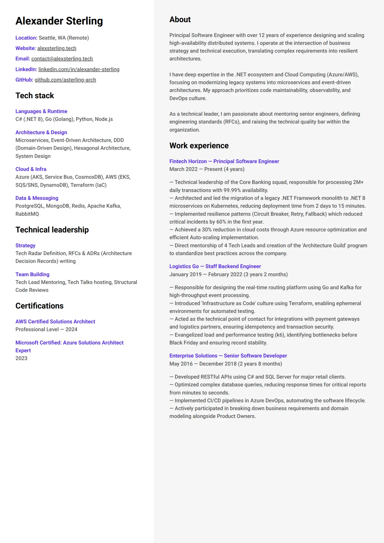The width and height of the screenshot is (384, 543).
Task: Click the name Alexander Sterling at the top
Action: pyautogui.click(x=59, y=21)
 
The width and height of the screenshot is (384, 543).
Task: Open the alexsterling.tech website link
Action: pyautogui.click(x=57, y=48)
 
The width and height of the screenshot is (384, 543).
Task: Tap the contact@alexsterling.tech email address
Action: pyautogui.click(x=62, y=59)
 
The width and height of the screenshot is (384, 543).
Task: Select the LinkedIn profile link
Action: pyautogui.click(x=79, y=69)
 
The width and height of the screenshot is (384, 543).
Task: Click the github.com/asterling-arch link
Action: pyautogui.click(x=65, y=80)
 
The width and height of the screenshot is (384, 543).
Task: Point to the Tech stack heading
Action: pyautogui.click(x=35, y=96)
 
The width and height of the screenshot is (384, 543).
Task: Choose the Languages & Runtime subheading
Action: pyautogui.click(x=41, y=111)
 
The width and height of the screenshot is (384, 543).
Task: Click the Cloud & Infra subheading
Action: pyautogui.click(x=31, y=169)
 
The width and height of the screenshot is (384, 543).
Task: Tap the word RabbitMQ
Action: pyautogui.click(x=27, y=214)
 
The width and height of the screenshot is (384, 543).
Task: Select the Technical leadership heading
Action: pyautogui.click(x=52, y=230)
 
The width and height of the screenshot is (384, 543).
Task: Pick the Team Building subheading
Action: pyautogui.click(x=32, y=274)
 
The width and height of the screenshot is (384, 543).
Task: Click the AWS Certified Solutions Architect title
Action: pyautogui.click(x=55, y=322)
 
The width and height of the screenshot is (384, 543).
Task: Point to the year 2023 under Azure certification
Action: pyautogui.click(x=21, y=358)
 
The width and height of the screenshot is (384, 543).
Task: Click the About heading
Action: pyautogui.click(x=180, y=20)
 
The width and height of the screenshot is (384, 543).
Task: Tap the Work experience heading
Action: pyautogui.click(x=199, y=146)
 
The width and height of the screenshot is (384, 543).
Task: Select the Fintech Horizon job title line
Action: pyautogui.click(x=224, y=161)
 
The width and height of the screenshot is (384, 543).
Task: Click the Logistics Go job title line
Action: pyautogui.click(x=215, y=266)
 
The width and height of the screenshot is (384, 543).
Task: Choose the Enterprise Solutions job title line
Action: pyautogui.click(x=228, y=356)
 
